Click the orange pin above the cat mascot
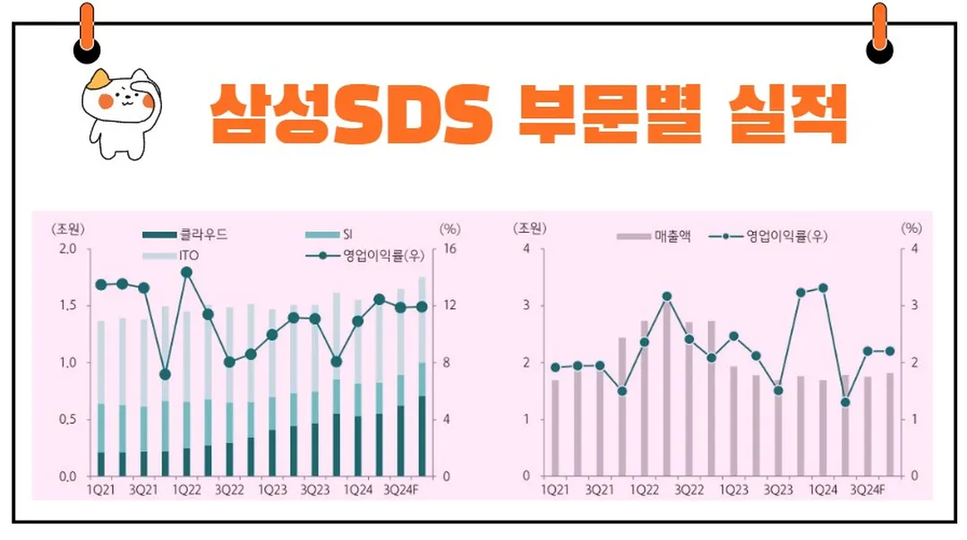pyautogui.click(x=87, y=31)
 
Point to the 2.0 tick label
pyautogui.click(x=68, y=248)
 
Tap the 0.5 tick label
pyautogui.click(x=68, y=419)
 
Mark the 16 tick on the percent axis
pyautogui.click(x=450, y=248)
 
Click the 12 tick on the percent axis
pyautogui.click(x=450, y=305)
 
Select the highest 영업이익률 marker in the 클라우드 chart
pyautogui.click(x=186, y=272)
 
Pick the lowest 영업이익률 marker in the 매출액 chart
pyautogui.click(x=844, y=402)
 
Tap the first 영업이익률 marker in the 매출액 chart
pyautogui.click(x=555, y=367)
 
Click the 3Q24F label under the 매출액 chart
pyautogui.click(x=866, y=491)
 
